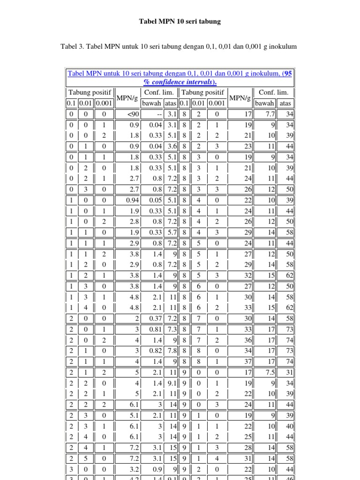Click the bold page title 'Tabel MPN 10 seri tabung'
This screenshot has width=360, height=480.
coord(180,22)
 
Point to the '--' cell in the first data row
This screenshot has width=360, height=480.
coord(158,114)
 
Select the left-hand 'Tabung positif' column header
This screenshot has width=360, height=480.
coord(88,92)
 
